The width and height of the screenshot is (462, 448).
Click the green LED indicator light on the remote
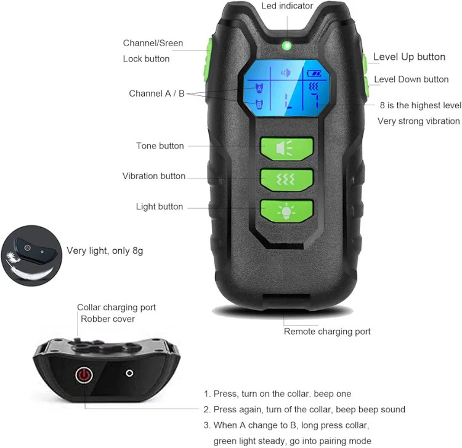point(286,46)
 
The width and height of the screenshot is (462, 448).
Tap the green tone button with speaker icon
point(286,149)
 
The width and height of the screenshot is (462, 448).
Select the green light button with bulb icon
point(286,211)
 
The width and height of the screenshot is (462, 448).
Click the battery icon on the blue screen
point(314,73)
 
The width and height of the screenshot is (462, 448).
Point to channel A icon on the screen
point(259,88)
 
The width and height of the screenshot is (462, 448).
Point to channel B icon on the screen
point(259,104)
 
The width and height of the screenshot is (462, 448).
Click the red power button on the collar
point(84,375)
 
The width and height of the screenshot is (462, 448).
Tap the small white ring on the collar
point(129,374)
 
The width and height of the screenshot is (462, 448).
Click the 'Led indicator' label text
point(287,6)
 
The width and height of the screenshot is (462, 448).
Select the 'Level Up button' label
point(409,57)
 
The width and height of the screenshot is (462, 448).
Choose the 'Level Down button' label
point(411,79)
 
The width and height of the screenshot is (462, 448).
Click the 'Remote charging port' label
point(327,332)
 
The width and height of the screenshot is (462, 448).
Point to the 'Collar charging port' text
point(116,307)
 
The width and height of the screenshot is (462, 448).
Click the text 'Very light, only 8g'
point(105,251)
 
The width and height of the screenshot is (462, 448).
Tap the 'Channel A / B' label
point(156,94)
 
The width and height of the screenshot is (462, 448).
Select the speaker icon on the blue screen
point(286,73)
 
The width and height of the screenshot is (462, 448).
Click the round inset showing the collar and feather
point(31,255)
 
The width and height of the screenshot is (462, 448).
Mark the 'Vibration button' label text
point(154,176)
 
